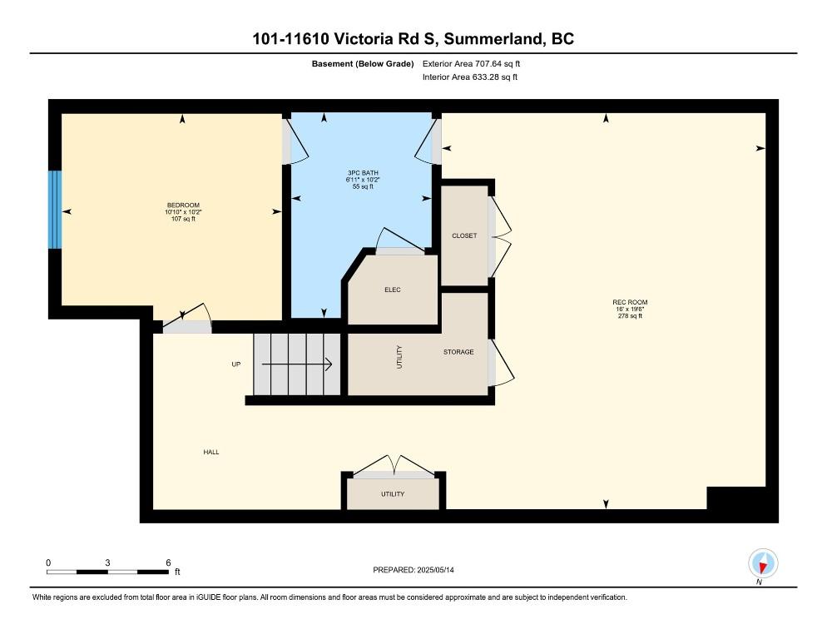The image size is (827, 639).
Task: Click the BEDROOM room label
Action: point(183,206)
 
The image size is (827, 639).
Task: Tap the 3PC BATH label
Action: point(363,173)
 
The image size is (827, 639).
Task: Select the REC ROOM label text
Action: point(630,302)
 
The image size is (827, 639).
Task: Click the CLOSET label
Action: point(464,235)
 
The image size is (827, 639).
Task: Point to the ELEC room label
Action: point(393,290)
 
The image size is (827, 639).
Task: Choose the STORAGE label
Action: point(458,352)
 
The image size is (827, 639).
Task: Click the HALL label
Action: point(211,452)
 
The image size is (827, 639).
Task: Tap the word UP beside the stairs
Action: point(235,364)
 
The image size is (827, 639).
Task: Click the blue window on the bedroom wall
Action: point(55,210)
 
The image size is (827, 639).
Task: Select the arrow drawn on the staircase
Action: point(296,364)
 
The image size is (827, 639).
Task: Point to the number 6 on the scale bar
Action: point(168,562)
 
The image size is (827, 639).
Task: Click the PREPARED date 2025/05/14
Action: point(435,570)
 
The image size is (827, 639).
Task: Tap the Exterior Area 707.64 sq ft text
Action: point(471,64)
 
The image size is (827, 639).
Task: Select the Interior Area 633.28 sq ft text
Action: point(469,77)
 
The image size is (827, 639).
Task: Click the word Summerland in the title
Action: point(493,39)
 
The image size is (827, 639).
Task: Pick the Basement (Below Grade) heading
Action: point(363,64)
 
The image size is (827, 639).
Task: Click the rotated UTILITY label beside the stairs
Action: point(399,357)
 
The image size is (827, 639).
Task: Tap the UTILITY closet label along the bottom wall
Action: point(393,494)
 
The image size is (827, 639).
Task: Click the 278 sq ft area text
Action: point(630,316)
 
